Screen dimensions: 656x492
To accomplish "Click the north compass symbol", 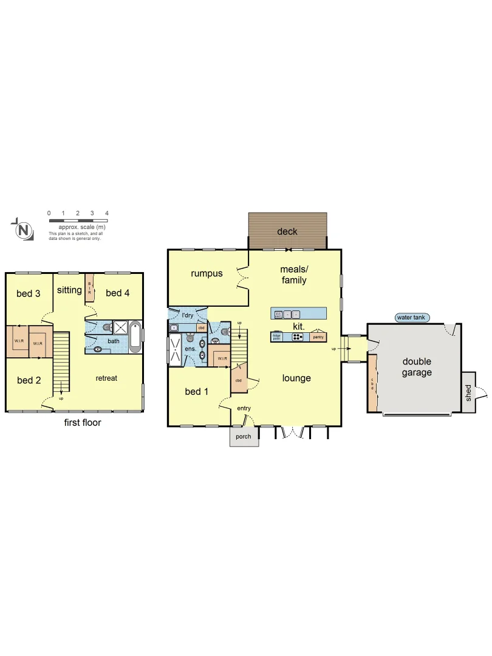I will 22,230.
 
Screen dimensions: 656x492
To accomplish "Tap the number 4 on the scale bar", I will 107,213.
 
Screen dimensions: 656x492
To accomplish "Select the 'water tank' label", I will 412,317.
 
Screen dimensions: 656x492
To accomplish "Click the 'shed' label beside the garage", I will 468,392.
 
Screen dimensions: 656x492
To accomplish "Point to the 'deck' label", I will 287,231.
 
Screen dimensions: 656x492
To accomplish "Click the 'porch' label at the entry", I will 244,436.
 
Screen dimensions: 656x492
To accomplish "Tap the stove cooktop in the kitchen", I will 298,337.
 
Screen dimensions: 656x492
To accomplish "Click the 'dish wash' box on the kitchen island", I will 278,315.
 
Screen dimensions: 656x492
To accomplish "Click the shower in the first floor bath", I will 120,327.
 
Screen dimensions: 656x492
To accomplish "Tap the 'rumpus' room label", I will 207,273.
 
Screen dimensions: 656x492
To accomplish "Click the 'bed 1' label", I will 197,392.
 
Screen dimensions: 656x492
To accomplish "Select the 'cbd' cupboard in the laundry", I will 200,327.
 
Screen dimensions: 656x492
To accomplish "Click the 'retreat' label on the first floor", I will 106,378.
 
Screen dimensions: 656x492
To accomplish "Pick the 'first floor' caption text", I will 83,423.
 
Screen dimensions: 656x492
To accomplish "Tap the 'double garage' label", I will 417,367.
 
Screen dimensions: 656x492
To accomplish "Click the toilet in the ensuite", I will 202,343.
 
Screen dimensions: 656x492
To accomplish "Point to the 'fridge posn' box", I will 277,337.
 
